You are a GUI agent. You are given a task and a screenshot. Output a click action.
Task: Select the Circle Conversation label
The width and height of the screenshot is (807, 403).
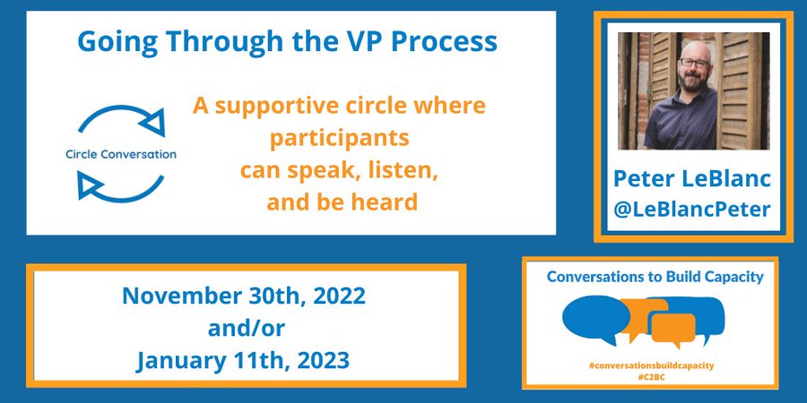coord(121,154)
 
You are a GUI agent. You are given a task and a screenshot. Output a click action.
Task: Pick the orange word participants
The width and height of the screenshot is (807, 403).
coord(339,141)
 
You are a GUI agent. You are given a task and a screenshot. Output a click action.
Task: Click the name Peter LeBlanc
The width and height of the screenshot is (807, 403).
coord(690,179)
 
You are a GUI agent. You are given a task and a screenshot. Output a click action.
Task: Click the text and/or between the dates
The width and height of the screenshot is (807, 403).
coord(244,329)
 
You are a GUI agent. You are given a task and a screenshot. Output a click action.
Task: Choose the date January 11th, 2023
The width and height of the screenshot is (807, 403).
coord(244,361)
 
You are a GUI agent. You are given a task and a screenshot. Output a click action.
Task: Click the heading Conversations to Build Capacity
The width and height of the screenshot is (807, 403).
coord(655,278)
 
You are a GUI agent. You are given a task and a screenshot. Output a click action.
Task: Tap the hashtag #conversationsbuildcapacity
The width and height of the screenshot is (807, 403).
coord(651,365)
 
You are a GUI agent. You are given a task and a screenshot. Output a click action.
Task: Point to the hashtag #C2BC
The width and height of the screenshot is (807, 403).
coord(651,377)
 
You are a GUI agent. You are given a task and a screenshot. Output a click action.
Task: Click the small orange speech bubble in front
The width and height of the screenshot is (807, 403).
coord(673,329)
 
